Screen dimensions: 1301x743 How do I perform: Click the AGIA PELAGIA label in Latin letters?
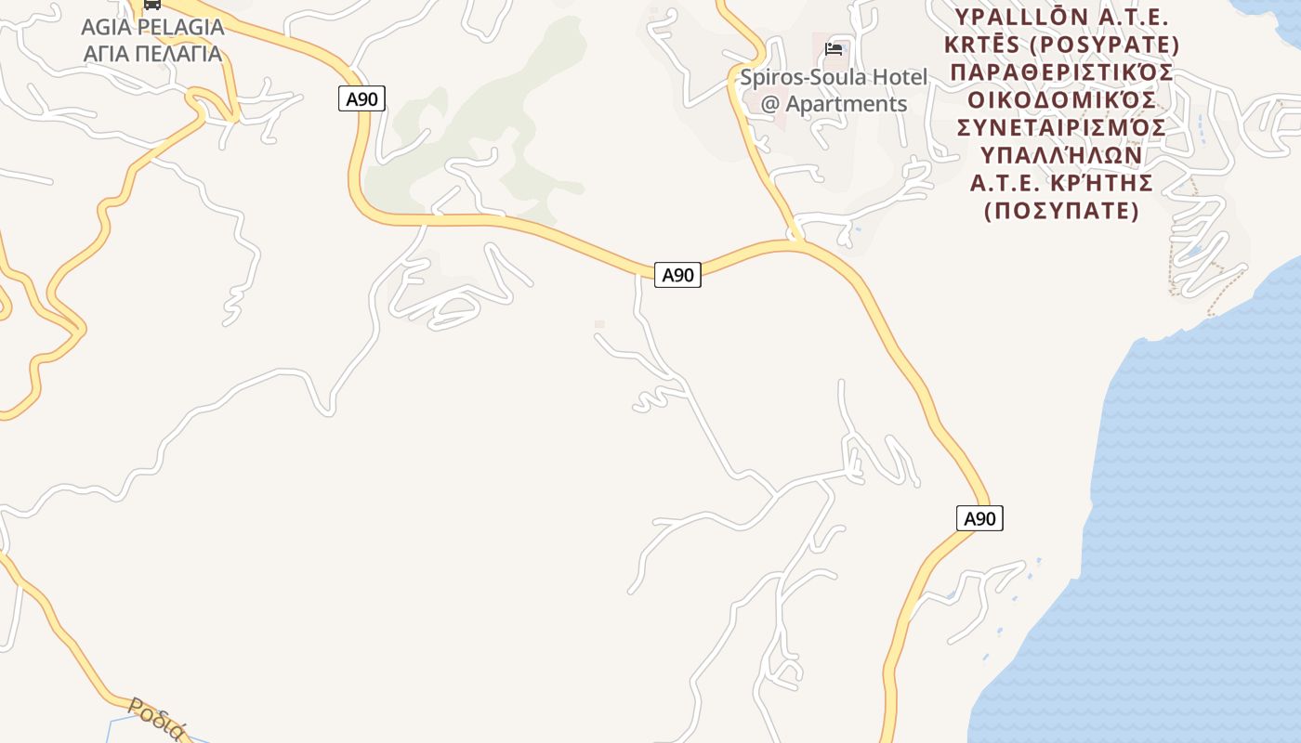[152, 27]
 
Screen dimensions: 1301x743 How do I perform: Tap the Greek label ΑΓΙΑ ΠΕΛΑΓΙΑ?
[152, 53]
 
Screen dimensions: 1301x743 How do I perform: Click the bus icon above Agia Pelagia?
[151, 4]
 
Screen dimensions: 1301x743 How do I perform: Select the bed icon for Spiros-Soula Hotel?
[834, 49]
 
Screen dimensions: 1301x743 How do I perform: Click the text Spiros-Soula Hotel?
[834, 77]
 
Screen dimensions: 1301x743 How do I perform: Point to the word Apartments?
[846, 103]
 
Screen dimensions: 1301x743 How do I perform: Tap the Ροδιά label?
[158, 719]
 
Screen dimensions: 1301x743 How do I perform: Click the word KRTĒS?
[975, 45]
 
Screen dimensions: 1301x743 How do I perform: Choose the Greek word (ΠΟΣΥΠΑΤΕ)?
[1061, 211]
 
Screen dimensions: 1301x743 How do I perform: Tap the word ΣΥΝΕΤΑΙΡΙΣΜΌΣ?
[1061, 126]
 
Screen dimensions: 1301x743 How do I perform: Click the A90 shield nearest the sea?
[979, 518]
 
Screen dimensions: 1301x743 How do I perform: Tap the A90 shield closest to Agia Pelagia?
[361, 98]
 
